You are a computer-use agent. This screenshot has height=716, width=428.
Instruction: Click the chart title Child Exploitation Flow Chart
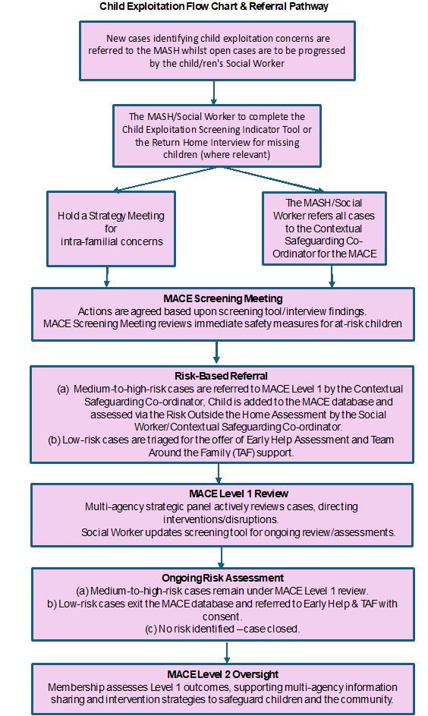(x=213, y=7)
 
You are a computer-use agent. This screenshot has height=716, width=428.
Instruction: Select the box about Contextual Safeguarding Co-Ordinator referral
(x=325, y=228)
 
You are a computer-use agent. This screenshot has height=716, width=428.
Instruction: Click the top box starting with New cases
(x=218, y=50)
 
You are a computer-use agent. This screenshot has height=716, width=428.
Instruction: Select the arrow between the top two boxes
(x=215, y=91)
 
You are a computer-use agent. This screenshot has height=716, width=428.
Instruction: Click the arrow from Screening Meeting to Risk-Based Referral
(x=216, y=351)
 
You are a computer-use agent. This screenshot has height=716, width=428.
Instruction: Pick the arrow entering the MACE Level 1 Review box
(x=218, y=472)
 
